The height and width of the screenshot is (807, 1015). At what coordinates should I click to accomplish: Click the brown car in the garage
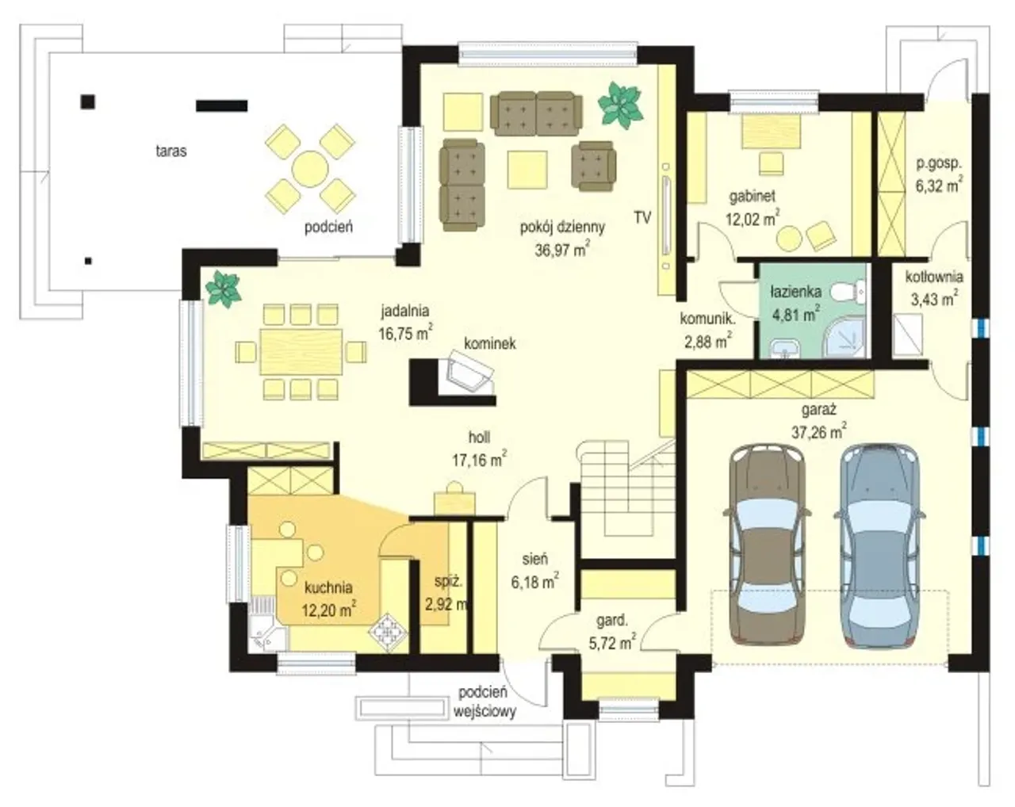(767, 544)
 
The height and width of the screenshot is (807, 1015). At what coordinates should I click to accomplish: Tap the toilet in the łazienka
(847, 292)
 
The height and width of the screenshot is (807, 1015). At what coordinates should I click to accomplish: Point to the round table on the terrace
(310, 168)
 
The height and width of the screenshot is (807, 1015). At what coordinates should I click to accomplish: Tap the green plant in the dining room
(223, 289)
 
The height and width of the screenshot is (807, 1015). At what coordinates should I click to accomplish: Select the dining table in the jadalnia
(301, 352)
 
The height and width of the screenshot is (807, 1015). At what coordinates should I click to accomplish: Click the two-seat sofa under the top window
(536, 113)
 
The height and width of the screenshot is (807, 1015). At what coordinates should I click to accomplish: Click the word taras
(171, 151)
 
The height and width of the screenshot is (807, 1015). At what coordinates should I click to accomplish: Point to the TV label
(642, 217)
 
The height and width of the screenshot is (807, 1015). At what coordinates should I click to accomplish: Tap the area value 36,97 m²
(562, 248)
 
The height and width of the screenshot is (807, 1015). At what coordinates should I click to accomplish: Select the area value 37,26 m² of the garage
(819, 431)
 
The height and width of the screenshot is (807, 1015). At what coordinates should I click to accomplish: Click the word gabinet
(753, 197)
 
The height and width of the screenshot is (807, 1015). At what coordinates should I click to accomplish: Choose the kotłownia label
(934, 277)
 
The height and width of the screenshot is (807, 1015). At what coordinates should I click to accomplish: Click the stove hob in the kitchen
(388, 632)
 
